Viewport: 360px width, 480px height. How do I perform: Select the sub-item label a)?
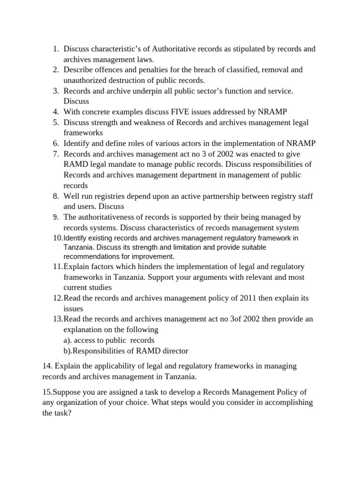(69, 340)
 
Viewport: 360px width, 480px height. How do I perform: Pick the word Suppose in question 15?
(69, 391)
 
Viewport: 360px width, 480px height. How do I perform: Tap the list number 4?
(55, 112)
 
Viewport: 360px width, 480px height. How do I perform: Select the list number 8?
(55, 195)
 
